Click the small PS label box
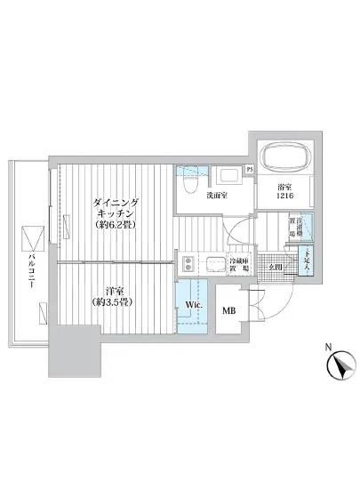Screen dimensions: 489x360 pyautogui.click(x=250, y=169)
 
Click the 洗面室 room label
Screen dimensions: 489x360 pyautogui.click(x=218, y=196)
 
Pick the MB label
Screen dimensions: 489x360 pyautogui.click(x=228, y=310)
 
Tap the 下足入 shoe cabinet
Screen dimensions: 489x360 pyautogui.click(x=304, y=261)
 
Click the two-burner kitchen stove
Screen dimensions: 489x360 pyautogui.click(x=188, y=264)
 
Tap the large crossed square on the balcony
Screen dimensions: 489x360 pyautogui.click(x=30, y=238)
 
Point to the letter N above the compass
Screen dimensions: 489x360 pyautogui.click(x=329, y=346)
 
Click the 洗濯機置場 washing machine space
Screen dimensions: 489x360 pyautogui.click(x=303, y=229)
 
